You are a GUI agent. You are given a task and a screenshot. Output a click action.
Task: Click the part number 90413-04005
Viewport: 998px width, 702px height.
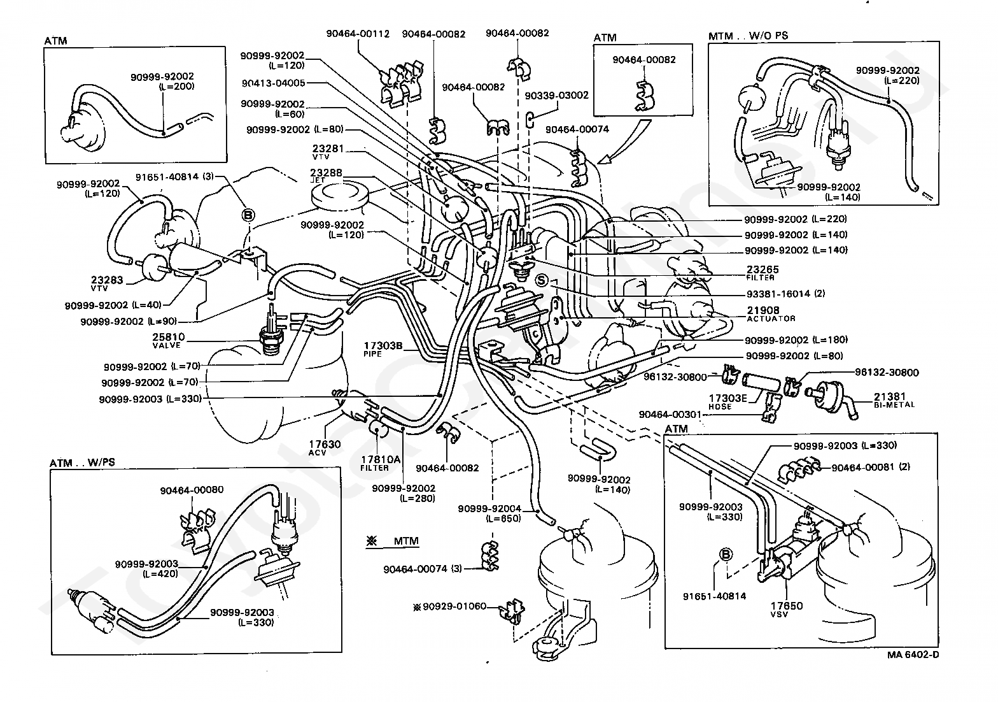coord(273,83)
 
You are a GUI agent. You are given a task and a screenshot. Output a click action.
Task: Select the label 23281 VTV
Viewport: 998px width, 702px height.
coord(328,152)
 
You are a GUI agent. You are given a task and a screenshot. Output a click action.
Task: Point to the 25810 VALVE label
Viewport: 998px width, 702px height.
coord(169,340)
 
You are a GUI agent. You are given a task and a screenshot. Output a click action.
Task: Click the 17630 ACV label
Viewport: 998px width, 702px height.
coord(325,448)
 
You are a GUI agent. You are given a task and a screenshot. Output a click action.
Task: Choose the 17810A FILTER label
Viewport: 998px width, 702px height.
coord(375,463)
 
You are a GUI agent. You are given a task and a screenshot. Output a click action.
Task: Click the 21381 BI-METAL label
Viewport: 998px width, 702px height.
coord(894,400)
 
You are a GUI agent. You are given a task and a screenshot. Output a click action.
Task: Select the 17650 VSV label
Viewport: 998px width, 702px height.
coord(787,609)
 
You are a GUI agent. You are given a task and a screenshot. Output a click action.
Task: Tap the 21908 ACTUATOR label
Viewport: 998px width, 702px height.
coord(771,314)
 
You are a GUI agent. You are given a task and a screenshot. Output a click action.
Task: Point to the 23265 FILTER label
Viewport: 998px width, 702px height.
coord(763,273)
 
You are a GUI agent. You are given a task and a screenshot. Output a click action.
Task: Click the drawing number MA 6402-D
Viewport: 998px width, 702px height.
coord(913,655)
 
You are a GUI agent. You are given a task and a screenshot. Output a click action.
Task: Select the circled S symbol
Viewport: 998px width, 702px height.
coord(541,280)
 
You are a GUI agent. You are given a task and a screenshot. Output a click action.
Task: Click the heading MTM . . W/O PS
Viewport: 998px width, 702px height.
coord(748,36)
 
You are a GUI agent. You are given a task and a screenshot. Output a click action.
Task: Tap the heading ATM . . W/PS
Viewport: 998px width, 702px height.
coord(82,462)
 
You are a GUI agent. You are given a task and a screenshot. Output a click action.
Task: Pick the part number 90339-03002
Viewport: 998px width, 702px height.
coord(556,96)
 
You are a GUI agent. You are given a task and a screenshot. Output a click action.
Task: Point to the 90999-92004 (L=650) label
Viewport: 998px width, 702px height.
coord(489,514)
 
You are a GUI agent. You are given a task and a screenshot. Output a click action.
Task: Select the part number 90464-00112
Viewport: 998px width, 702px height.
coord(358,34)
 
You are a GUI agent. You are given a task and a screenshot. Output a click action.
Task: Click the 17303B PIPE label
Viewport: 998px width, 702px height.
coord(383,349)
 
